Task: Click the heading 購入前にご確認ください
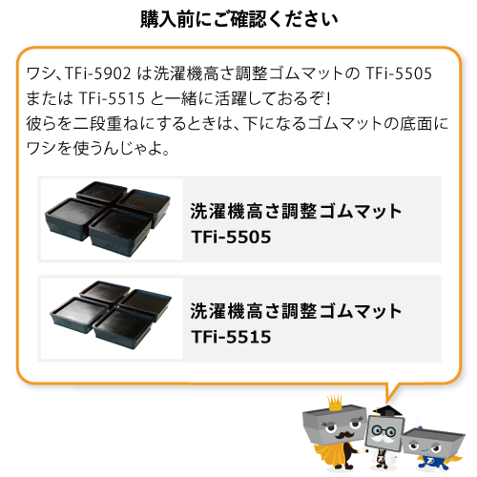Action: click(238, 20)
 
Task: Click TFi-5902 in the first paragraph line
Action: click(98, 73)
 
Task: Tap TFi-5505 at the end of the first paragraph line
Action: click(399, 73)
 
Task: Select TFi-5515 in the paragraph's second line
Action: click(112, 98)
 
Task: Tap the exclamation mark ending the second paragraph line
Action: click(328, 98)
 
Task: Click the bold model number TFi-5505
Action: click(231, 237)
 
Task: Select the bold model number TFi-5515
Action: click(231, 337)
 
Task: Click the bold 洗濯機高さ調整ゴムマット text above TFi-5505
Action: click(296, 211)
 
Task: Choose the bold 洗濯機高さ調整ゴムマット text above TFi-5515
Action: click(296, 311)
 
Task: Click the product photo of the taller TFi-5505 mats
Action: click(108, 218)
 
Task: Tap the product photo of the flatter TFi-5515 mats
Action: click(111, 315)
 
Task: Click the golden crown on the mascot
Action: click(335, 403)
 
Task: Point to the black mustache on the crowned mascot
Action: click(343, 435)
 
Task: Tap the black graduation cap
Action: click(387, 411)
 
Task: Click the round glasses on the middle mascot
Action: click(384, 431)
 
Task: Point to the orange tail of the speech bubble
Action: click(391, 392)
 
